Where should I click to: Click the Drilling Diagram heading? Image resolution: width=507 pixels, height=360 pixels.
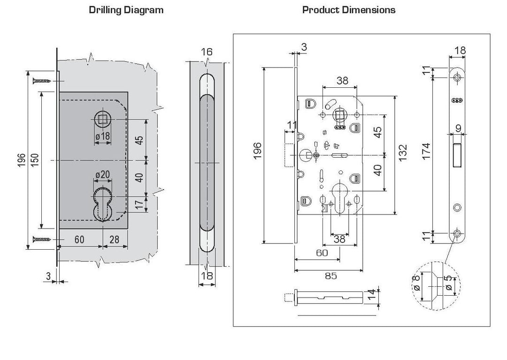[126, 10]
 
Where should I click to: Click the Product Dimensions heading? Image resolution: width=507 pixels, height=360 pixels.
[349, 10]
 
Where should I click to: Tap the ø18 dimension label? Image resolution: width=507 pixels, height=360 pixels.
[102, 136]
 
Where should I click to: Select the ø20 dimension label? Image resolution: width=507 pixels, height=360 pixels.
[102, 175]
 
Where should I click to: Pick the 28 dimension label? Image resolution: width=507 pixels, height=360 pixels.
[115, 240]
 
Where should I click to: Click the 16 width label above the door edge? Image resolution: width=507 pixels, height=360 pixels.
[207, 52]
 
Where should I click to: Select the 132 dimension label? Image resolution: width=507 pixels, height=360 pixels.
[403, 154]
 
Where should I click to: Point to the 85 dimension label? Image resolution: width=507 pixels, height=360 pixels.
[330, 276]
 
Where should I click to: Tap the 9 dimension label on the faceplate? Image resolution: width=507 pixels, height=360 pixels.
[458, 128]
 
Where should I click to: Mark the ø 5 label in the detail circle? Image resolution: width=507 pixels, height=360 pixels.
[449, 284]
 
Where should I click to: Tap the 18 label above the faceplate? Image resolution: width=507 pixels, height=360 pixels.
[460, 50]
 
